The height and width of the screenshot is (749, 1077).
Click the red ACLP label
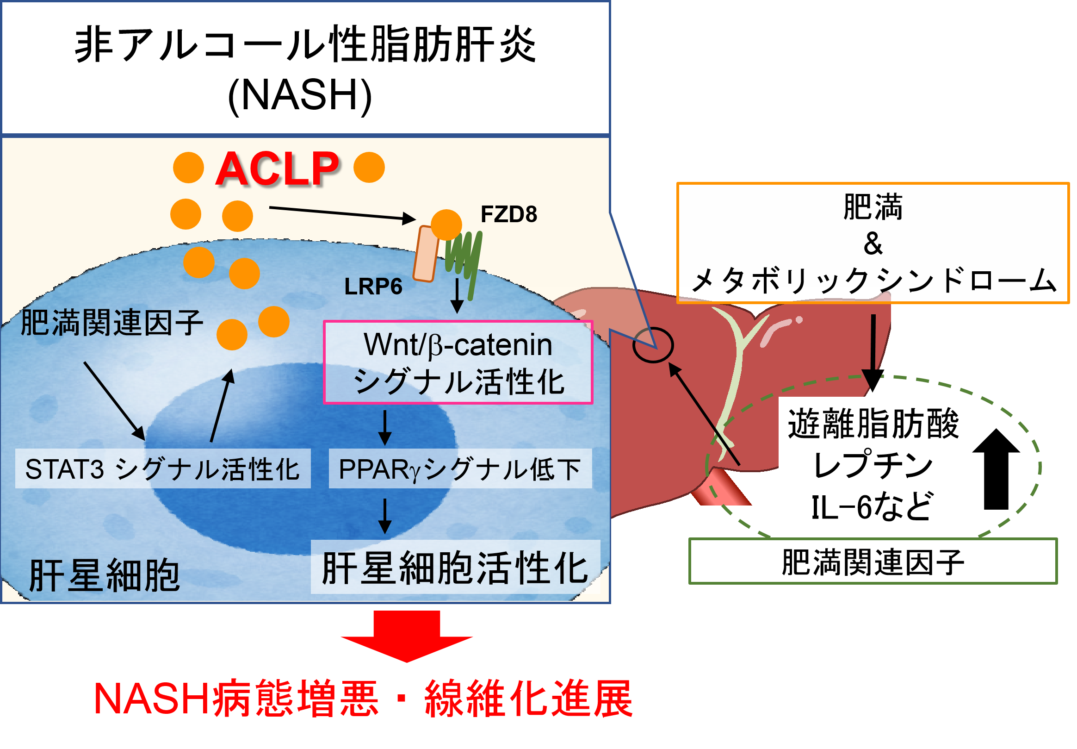[278, 169]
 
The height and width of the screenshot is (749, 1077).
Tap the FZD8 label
[509, 214]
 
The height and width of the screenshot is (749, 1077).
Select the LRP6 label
[373, 287]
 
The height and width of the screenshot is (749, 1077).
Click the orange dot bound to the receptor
[446, 225]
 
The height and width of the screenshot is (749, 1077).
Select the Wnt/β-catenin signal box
[458, 362]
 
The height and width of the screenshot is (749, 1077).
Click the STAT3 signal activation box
[163, 469]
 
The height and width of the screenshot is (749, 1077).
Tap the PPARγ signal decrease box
[460, 469]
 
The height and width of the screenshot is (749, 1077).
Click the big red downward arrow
[407, 636]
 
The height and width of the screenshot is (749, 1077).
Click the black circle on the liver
[653, 345]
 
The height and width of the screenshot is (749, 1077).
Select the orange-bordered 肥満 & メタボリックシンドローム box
[873, 243]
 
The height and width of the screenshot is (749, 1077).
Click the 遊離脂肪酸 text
[873, 424]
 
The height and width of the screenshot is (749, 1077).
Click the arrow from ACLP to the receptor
[342, 213]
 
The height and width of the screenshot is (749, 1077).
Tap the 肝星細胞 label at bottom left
[104, 575]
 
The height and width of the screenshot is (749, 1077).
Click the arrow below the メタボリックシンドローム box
[873, 352]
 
